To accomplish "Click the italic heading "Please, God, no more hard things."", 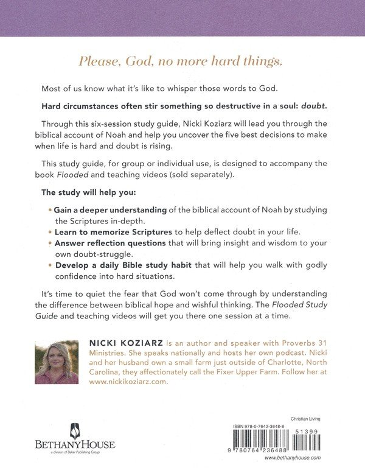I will (x=182, y=61).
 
